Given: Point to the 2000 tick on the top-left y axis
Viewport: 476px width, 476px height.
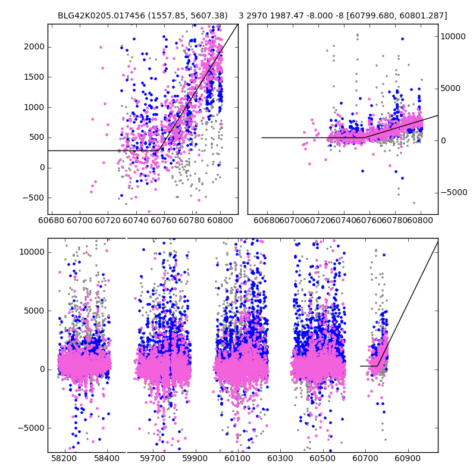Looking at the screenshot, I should (48, 46).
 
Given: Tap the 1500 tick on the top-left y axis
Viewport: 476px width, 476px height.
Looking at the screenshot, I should (48, 77).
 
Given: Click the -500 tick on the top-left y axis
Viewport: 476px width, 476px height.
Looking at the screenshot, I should (48, 198).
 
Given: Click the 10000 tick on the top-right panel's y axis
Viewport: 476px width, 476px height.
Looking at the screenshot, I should (438, 36).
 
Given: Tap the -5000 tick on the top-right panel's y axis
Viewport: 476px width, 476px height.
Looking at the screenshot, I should (438, 192).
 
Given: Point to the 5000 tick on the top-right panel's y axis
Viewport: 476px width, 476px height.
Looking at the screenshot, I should (438, 88).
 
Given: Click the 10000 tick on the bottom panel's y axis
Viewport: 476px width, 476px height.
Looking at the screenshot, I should (48, 252).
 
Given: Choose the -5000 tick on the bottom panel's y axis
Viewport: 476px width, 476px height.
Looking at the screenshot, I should (48, 428).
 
